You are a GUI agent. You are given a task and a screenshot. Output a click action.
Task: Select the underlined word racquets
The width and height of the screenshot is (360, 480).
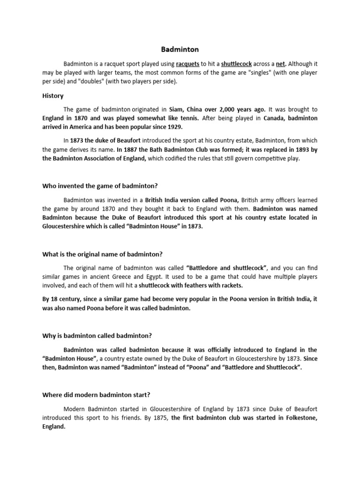(187, 63)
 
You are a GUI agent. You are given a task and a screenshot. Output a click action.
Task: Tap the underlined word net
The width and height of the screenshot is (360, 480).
(279, 63)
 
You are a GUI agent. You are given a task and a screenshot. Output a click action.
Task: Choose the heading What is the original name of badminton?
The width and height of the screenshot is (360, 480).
(102, 254)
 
